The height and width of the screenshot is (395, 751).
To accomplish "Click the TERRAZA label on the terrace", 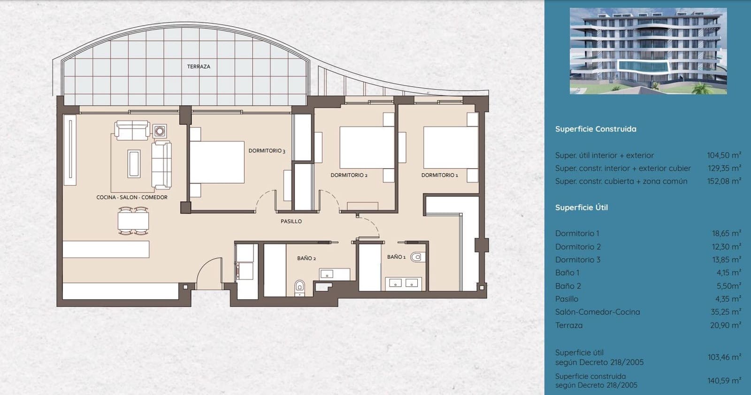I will pyautogui.click(x=199, y=67).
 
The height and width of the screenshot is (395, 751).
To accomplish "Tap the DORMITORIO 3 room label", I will pyautogui.click(x=267, y=151).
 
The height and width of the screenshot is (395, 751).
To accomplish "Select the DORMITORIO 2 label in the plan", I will pyautogui.click(x=349, y=175).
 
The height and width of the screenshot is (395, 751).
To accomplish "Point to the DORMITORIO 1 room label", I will pyautogui.click(x=439, y=175).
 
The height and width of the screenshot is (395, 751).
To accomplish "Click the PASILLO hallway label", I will pyautogui.click(x=291, y=221).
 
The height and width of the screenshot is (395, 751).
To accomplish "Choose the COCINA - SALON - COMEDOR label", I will pyautogui.click(x=132, y=197).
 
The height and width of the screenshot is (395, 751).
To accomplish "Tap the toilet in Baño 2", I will pyautogui.click(x=299, y=287).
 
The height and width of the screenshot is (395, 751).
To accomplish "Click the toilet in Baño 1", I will pyautogui.click(x=416, y=257).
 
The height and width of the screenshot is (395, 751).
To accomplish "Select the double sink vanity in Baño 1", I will pyautogui.click(x=404, y=283).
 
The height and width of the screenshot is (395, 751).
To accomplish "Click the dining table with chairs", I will pyautogui.click(x=133, y=220).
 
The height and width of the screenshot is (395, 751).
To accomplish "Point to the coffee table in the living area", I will pyautogui.click(x=134, y=163).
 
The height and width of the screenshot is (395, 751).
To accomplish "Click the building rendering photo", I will pyautogui.click(x=648, y=51).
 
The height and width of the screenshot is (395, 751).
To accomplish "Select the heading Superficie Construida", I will pyautogui.click(x=596, y=129).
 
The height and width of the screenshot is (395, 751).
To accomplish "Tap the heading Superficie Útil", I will pyautogui.click(x=581, y=208).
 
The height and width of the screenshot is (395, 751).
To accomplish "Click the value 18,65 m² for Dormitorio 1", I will pyautogui.click(x=726, y=233).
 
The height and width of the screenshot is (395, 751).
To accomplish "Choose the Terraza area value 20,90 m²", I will pyautogui.click(x=726, y=325).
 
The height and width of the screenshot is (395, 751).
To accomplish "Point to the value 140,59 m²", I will pyautogui.click(x=724, y=381).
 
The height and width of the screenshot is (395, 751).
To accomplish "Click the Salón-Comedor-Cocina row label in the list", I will pyautogui.click(x=597, y=312).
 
